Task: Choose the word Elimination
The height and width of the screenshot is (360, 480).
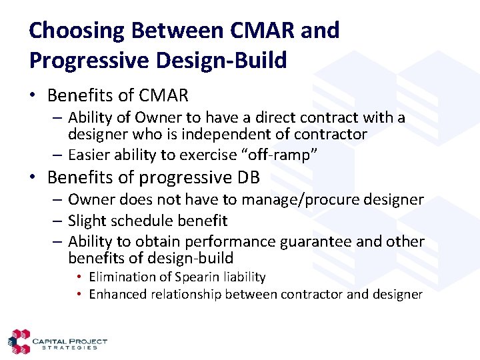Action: pyautogui.click(x=122, y=277)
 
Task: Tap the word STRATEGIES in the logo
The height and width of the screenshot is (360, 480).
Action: pyautogui.click(x=69, y=347)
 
